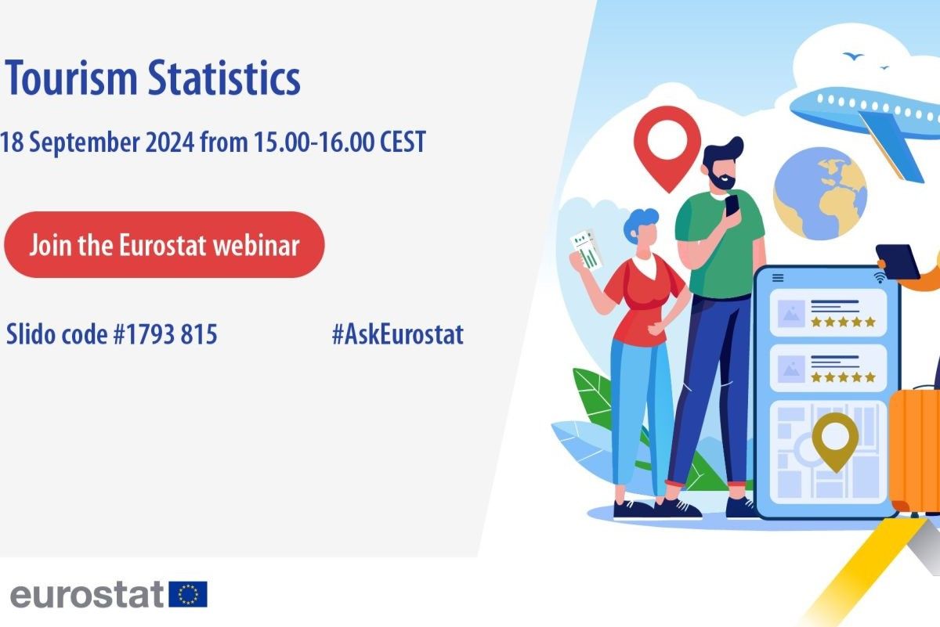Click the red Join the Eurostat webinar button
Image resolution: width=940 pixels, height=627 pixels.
pyautogui.click(x=164, y=244)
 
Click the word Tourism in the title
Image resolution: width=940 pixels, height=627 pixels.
pyautogui.click(x=71, y=78)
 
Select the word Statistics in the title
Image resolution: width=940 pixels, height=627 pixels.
pyautogui.click(x=225, y=78)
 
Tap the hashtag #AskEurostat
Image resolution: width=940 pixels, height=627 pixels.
pyautogui.click(x=397, y=334)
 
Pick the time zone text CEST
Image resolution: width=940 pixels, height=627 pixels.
pyautogui.click(x=403, y=142)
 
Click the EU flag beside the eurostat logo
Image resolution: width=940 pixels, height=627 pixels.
pyautogui.click(x=188, y=594)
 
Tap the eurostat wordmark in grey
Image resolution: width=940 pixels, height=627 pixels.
pyautogui.click(x=86, y=594)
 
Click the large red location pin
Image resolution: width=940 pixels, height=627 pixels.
pyautogui.click(x=667, y=148)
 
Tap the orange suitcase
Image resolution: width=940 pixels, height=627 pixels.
pyautogui.click(x=915, y=451)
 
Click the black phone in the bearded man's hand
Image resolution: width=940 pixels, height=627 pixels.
pyautogui.click(x=732, y=207)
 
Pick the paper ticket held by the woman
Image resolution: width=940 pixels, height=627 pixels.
pyautogui.click(x=586, y=250)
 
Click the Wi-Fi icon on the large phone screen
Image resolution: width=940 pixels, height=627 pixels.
pyautogui.click(x=880, y=277)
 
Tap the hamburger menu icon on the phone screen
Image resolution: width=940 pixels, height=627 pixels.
pyautogui.click(x=778, y=278)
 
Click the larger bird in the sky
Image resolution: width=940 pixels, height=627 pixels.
pyautogui.click(x=853, y=56)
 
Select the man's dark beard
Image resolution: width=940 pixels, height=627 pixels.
pyautogui.click(x=721, y=179)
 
